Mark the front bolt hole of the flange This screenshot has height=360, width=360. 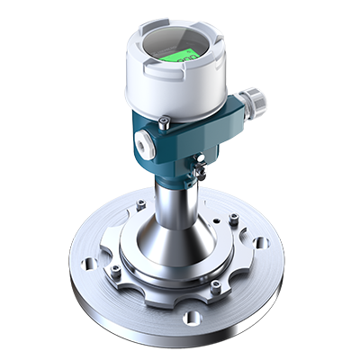[x=191, y=317]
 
